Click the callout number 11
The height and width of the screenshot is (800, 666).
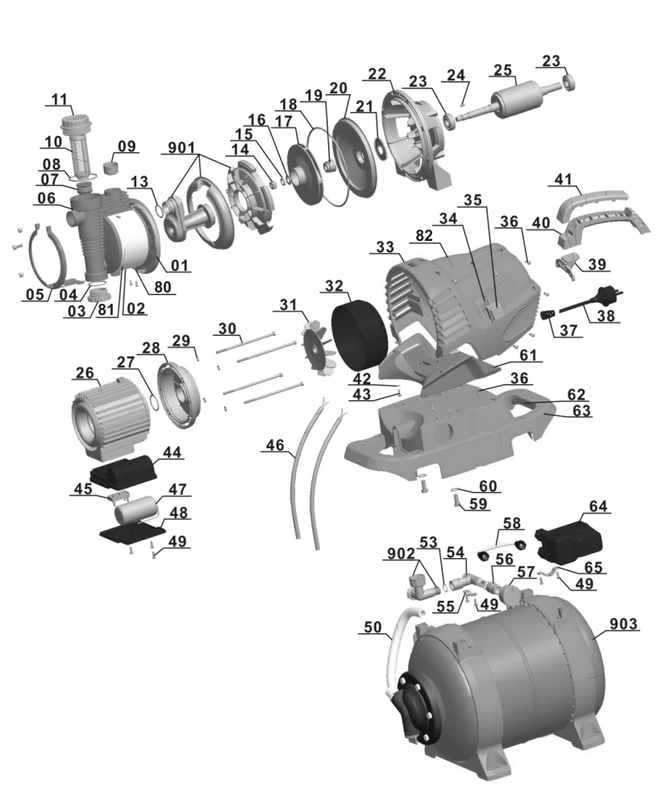click(x=59, y=99)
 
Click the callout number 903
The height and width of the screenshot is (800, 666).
click(x=624, y=623)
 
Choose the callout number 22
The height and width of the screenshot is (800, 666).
click(x=378, y=74)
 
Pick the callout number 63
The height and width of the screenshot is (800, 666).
click(x=581, y=411)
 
